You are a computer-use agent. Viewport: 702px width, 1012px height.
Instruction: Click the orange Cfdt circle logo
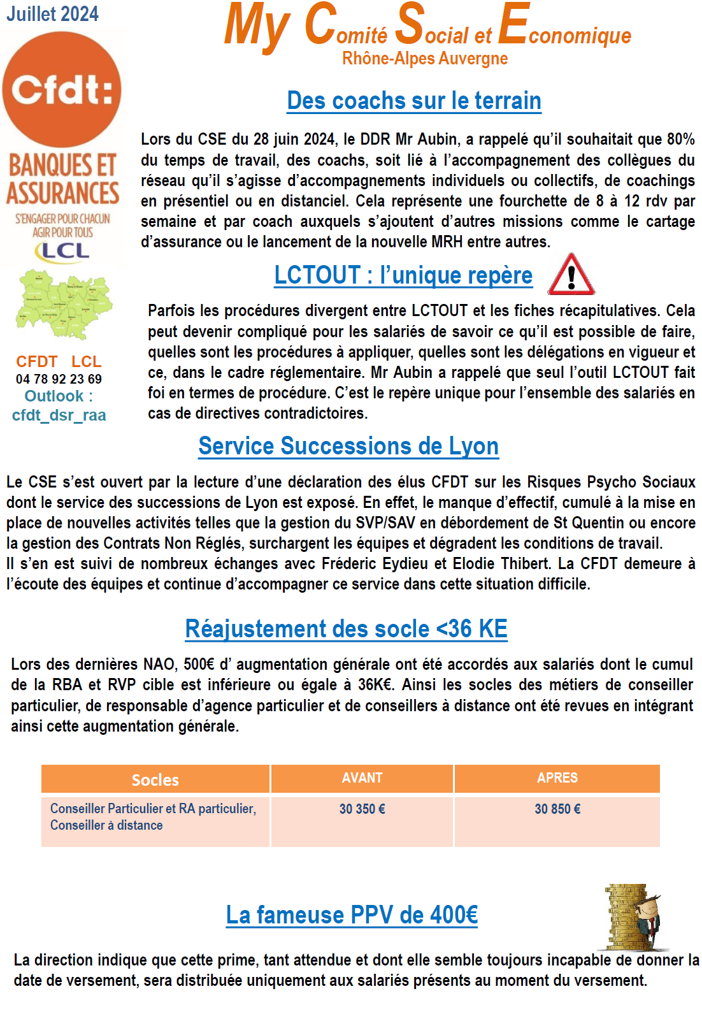[62, 89]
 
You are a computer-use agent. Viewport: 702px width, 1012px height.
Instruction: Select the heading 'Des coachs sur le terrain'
[414, 101]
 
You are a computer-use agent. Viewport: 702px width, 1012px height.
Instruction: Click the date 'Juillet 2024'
[52, 14]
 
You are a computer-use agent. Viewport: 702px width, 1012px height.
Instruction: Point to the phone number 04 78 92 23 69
[59, 379]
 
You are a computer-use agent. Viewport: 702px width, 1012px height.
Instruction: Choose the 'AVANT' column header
[362, 778]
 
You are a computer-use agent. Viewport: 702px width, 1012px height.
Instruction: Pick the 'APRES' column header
[557, 778]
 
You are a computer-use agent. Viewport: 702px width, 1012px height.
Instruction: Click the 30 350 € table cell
[362, 809]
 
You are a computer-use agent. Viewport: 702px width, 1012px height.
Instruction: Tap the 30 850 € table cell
[557, 809]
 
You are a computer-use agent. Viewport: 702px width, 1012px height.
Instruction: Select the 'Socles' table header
[155, 779]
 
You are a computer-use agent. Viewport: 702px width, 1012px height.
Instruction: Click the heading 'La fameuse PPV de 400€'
[352, 915]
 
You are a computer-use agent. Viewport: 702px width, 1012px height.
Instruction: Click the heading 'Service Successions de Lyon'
[348, 446]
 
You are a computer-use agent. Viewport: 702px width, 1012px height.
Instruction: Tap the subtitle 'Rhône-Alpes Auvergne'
[425, 59]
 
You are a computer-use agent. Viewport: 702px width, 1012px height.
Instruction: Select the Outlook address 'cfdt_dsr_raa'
[59, 416]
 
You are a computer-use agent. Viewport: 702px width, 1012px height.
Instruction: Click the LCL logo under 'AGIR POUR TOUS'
[62, 251]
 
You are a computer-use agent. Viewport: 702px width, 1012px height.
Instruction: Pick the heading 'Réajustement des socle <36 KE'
[346, 629]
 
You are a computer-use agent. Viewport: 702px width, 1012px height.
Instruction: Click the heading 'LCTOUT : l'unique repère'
[403, 275]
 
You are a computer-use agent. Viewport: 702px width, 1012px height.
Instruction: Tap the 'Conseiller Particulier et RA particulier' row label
[153, 809]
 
